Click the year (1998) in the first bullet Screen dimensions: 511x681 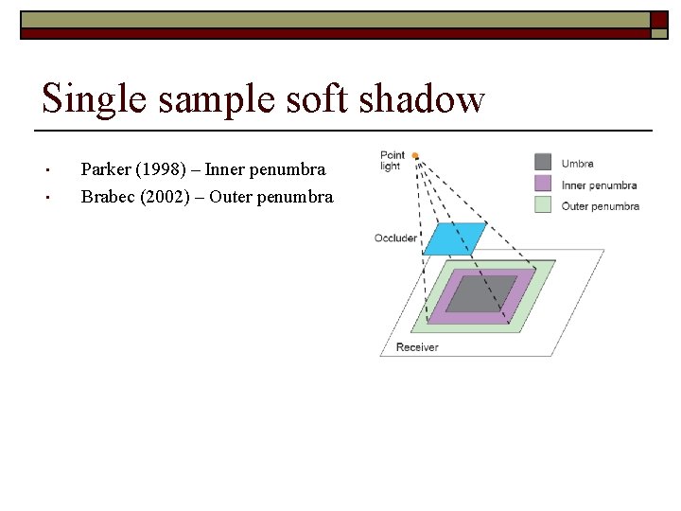166,170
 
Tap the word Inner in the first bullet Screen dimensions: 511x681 227,170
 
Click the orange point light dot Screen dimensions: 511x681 415,156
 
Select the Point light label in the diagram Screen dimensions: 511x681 392,161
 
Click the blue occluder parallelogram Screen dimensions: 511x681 454,238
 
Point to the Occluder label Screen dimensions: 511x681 395,238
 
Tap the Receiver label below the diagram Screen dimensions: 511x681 417,347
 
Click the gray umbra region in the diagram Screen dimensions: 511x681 480,292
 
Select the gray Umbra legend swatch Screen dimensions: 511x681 543,163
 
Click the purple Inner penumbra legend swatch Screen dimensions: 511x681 543,184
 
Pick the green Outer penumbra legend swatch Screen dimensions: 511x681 543,204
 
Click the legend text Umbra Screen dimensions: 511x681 578,164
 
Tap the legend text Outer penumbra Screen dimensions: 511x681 600,205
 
